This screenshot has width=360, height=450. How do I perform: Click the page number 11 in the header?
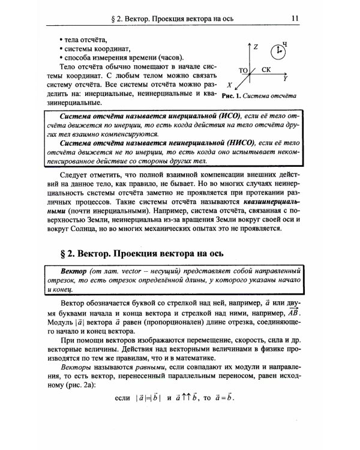point(295,18)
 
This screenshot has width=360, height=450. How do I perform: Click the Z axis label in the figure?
point(256,46)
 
